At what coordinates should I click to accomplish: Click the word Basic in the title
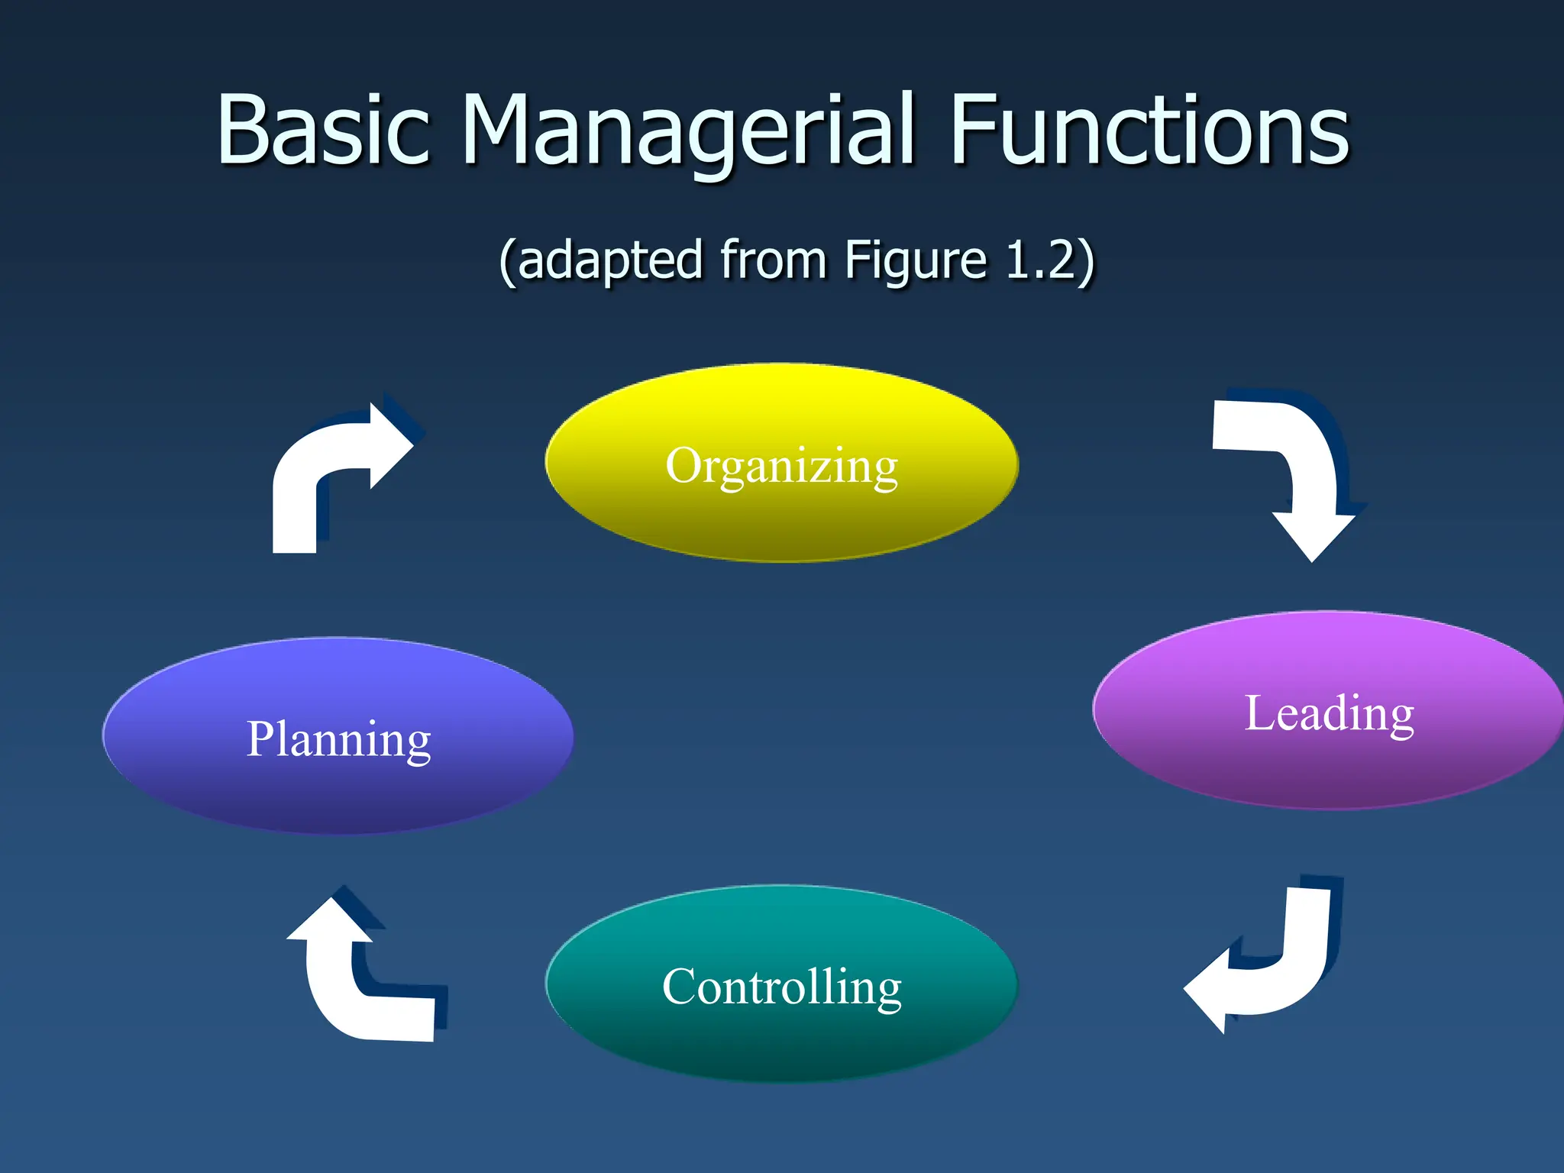point(324,130)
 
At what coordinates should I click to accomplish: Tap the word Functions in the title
point(1149,130)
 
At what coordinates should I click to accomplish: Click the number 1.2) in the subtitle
point(1051,261)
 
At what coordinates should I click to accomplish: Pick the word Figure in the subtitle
point(916,261)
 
